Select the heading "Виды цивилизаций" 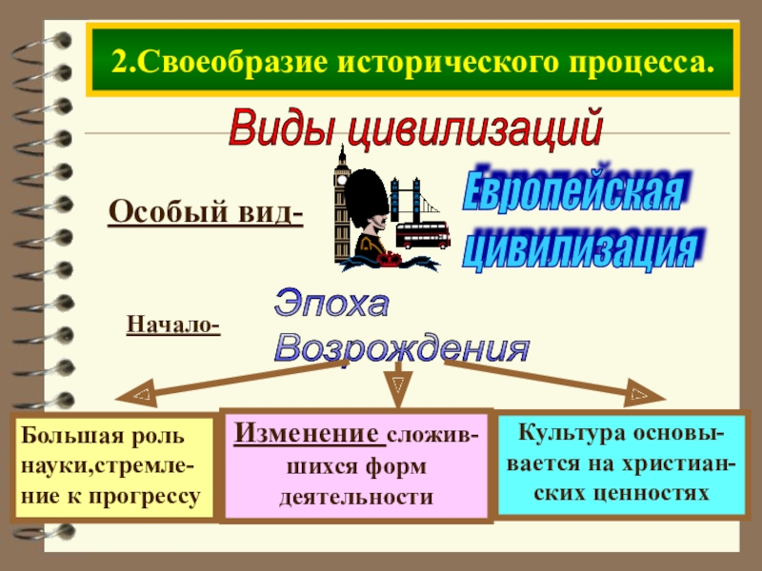(x=416, y=127)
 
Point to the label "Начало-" (x=173, y=326)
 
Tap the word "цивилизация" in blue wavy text (x=582, y=246)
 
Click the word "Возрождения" (x=400, y=347)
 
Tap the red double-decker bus (x=422, y=234)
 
